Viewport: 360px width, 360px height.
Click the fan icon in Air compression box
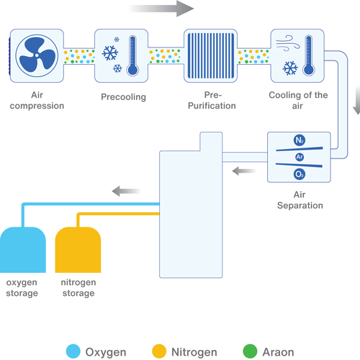pos(37,55)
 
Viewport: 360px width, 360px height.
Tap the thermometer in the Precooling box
pos(132,55)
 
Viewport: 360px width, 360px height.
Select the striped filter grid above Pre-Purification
pos(211,55)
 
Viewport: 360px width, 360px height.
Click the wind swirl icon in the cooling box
pos(288,43)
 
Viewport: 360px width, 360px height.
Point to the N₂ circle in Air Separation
pos(300,140)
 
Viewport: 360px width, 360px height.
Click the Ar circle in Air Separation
pos(300,157)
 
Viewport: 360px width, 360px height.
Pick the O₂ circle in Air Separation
pos(300,174)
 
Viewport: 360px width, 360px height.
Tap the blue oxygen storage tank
pos(23,250)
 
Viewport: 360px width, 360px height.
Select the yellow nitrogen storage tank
pos(78,250)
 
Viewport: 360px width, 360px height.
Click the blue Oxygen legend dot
pos(73,351)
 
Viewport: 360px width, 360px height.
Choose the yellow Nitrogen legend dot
pos(159,351)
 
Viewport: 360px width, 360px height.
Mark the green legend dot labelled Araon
pos(250,351)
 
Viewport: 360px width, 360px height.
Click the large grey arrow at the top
pos(161,9)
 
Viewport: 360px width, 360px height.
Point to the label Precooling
pos(123,97)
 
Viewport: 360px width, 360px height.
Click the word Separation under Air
pos(300,206)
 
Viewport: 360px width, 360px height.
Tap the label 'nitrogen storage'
pos(78,288)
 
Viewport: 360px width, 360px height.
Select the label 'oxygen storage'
pos(22,288)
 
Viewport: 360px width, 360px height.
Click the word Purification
pos(212,106)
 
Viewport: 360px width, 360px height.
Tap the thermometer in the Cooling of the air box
pos(309,55)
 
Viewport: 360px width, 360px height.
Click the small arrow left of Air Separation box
pos(244,171)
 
